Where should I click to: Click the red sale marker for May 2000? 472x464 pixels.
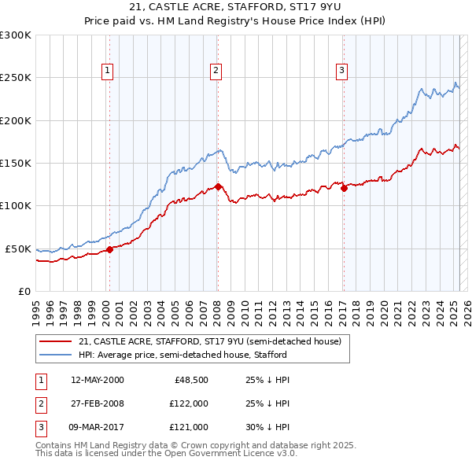point(110,249)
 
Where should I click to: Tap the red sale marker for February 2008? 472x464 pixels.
point(218,186)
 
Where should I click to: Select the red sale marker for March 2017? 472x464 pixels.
point(344,188)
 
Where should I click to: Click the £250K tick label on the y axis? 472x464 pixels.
point(16,78)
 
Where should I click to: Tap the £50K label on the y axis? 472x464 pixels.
point(19,249)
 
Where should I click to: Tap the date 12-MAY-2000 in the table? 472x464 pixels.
point(98,380)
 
